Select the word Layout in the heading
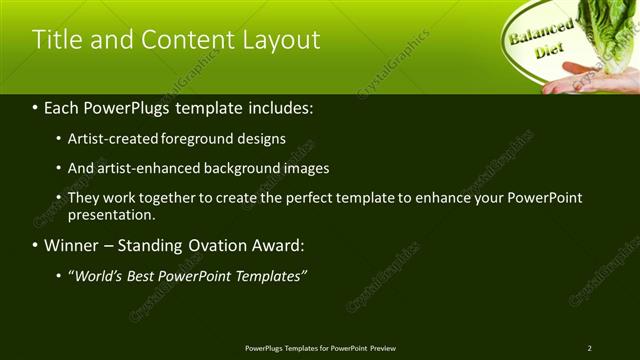click(x=281, y=40)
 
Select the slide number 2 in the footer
click(x=589, y=348)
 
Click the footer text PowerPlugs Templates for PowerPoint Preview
click(x=320, y=348)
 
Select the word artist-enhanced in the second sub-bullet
click(x=143, y=168)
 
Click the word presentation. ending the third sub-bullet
click(x=111, y=214)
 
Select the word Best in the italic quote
click(x=143, y=275)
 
